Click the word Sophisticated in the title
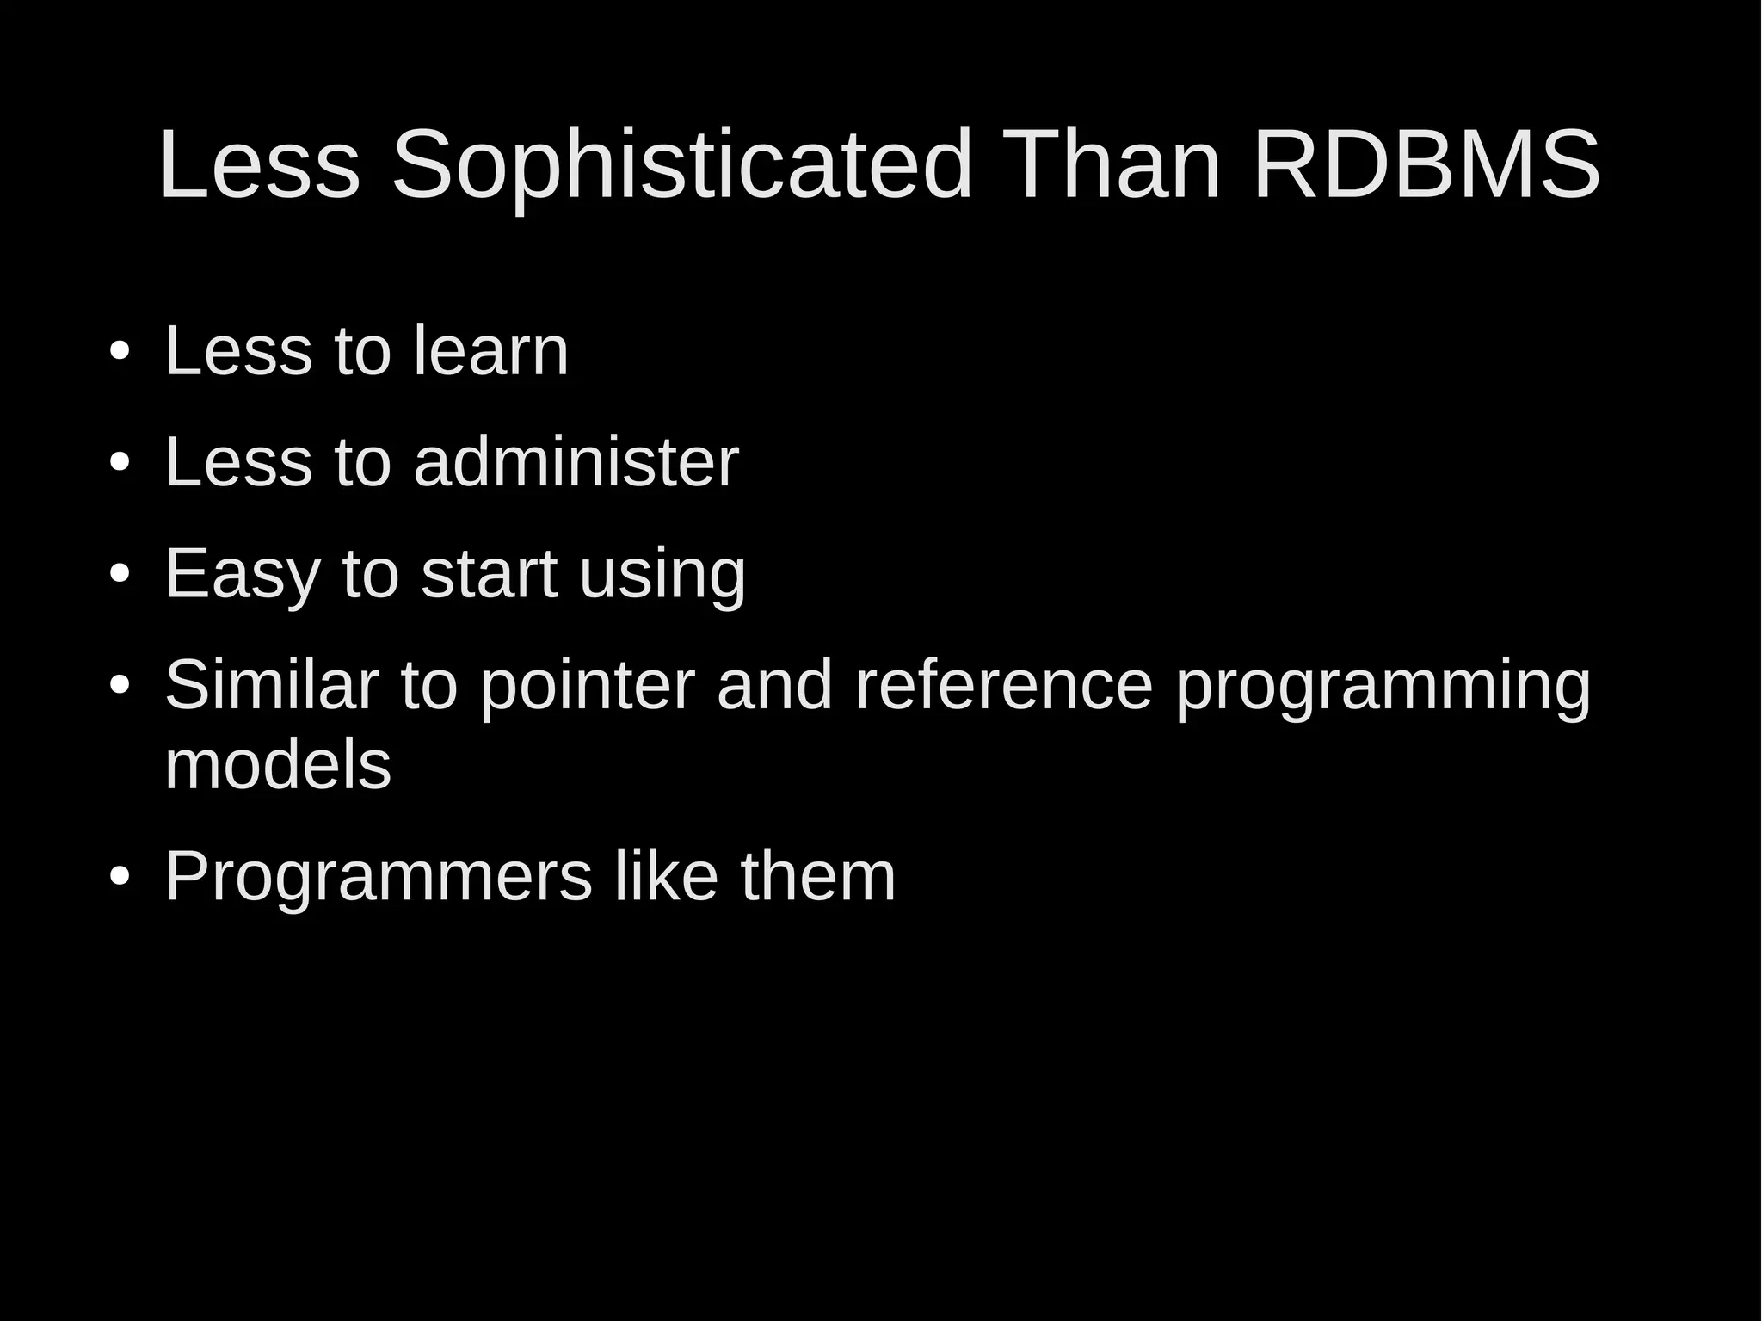tap(681, 165)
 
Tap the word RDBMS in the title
tap(1426, 165)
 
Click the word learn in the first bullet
tap(490, 350)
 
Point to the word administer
tap(576, 462)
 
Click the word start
tap(489, 574)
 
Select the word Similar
tap(271, 685)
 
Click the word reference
tap(1003, 685)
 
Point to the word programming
tap(1383, 685)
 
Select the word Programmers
tap(379, 876)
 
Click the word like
tap(666, 876)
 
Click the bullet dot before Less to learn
tap(120, 352)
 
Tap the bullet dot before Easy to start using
tap(120, 575)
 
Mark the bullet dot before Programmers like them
tap(120, 877)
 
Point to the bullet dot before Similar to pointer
tap(120, 686)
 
